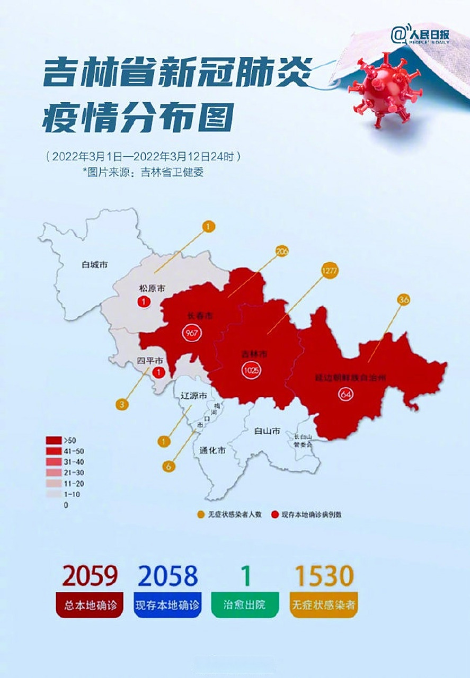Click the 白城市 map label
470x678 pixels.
(x=95, y=263)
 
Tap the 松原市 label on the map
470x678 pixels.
(x=153, y=288)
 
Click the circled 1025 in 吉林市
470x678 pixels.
(x=250, y=370)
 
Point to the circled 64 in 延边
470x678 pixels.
(x=345, y=394)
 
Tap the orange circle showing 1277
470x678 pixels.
(x=329, y=271)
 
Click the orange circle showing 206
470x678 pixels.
(x=281, y=252)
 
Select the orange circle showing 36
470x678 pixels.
(x=403, y=300)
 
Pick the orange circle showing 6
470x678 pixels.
(x=169, y=466)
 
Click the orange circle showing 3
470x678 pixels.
(x=122, y=405)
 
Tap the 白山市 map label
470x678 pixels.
(x=267, y=431)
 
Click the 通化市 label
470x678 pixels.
(x=213, y=451)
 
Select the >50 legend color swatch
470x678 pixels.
(x=54, y=440)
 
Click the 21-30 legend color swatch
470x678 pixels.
(x=54, y=472)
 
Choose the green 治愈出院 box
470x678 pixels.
(x=245, y=605)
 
